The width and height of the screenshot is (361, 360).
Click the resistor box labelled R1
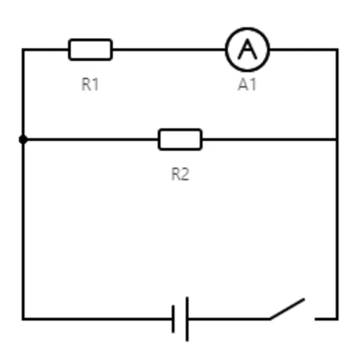tap(90, 50)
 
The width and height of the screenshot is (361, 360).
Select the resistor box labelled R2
tap(180, 140)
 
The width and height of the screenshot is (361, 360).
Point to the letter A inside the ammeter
tap(247, 49)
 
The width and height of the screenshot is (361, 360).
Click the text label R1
tap(90, 84)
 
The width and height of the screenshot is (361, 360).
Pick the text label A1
tap(247, 84)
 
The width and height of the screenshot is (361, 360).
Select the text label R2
tap(180, 174)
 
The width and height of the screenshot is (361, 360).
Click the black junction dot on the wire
tap(23, 140)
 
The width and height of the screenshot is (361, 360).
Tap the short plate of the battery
tap(173, 319)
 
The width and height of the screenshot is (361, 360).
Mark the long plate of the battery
tap(187, 319)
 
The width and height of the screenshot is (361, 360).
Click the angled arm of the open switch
tap(287, 309)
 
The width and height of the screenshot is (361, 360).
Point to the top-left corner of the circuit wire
tap(23, 50)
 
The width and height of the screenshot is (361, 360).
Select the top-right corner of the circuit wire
tap(337, 50)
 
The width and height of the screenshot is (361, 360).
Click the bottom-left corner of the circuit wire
tap(23, 319)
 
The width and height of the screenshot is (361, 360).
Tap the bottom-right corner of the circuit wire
tap(337, 319)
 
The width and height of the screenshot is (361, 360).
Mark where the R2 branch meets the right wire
tap(337, 140)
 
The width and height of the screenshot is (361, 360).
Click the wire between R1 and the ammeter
tap(169, 50)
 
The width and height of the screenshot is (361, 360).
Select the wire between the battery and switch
tap(229, 319)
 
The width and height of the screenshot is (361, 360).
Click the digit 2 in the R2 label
tap(184, 174)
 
